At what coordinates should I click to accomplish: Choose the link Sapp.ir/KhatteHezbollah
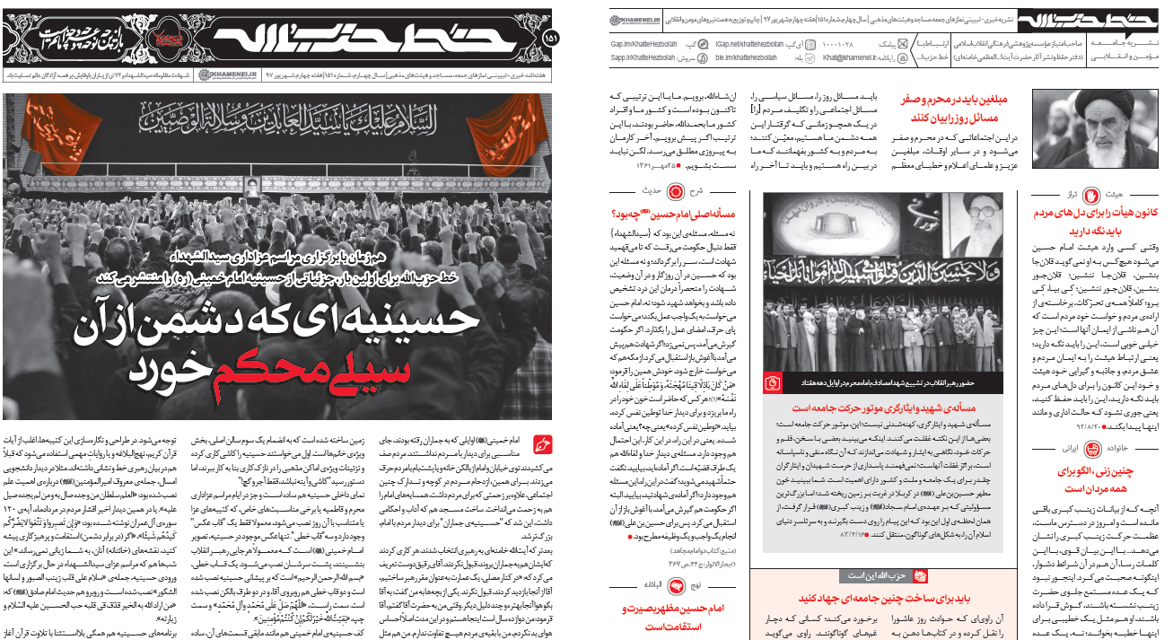point(648,57)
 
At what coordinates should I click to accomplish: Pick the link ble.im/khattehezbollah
point(749,57)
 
